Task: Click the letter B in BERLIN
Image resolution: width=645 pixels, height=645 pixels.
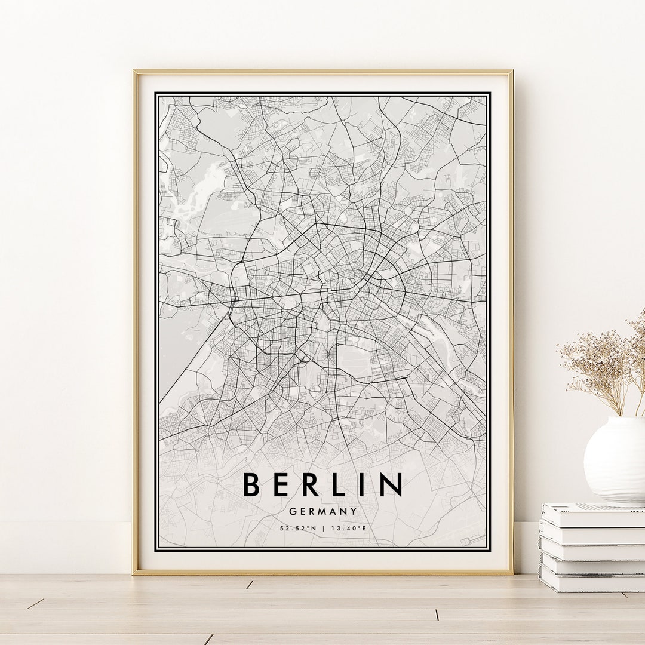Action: (252, 484)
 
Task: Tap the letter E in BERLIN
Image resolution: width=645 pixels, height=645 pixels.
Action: (282, 484)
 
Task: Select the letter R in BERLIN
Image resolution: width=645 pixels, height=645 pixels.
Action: (312, 484)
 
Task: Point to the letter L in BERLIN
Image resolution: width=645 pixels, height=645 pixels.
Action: (340, 484)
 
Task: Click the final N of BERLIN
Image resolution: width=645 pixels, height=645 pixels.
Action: (389, 484)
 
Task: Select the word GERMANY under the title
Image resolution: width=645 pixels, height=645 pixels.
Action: (322, 511)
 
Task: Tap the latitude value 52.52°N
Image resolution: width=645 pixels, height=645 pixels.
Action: (298, 528)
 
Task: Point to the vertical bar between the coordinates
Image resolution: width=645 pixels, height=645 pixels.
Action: (322, 528)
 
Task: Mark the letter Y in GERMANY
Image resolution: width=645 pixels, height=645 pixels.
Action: (354, 511)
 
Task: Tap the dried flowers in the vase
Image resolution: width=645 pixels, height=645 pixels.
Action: (603, 364)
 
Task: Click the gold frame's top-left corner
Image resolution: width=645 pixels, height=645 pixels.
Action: (135, 72)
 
